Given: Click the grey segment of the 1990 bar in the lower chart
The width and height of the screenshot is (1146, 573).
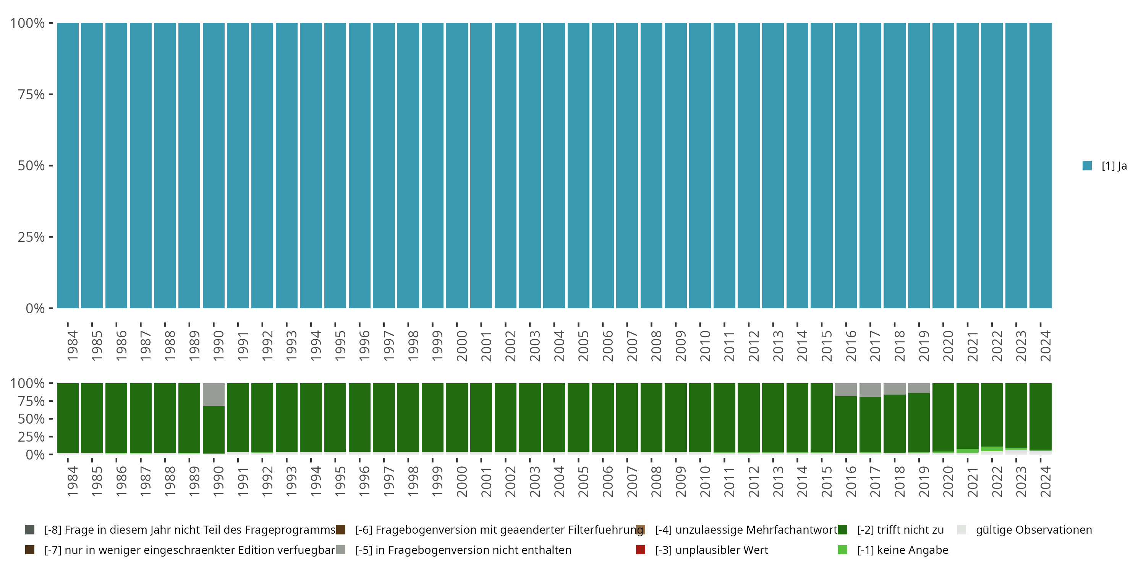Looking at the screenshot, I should pos(214,394).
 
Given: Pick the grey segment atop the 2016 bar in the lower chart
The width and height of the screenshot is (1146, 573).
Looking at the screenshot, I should pos(846,389).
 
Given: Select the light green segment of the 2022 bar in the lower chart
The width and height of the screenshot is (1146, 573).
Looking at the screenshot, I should pos(992,449).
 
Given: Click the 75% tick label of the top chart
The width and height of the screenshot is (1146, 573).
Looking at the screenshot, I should pos(31,94).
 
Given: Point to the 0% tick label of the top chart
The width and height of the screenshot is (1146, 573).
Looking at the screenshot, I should pos(35,308).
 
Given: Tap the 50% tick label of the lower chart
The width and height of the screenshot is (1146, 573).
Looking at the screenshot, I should pos(31,419).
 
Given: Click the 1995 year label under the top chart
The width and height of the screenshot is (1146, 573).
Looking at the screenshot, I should pos(340,346).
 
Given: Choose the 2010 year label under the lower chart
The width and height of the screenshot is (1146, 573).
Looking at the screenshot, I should pos(705,481).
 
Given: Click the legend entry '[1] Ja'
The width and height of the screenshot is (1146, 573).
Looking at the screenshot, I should pos(1114,166).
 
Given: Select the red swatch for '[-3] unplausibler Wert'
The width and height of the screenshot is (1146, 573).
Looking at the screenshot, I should pos(641,550).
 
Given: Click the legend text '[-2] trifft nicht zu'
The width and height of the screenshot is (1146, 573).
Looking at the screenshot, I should pos(900,530).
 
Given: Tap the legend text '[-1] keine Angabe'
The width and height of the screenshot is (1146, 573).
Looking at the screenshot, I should pos(903,550).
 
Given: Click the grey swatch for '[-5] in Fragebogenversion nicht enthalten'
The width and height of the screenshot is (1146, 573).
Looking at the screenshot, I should pos(341,550).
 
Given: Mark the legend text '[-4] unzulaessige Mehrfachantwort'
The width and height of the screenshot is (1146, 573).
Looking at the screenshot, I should pos(746,530).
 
